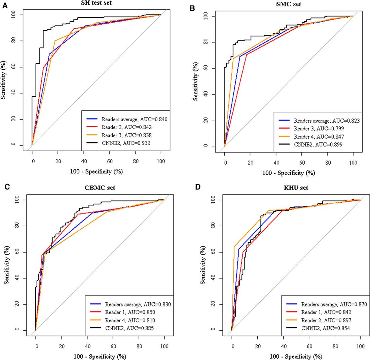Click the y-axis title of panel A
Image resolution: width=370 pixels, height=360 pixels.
pyautogui.click(x=3, y=80)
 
